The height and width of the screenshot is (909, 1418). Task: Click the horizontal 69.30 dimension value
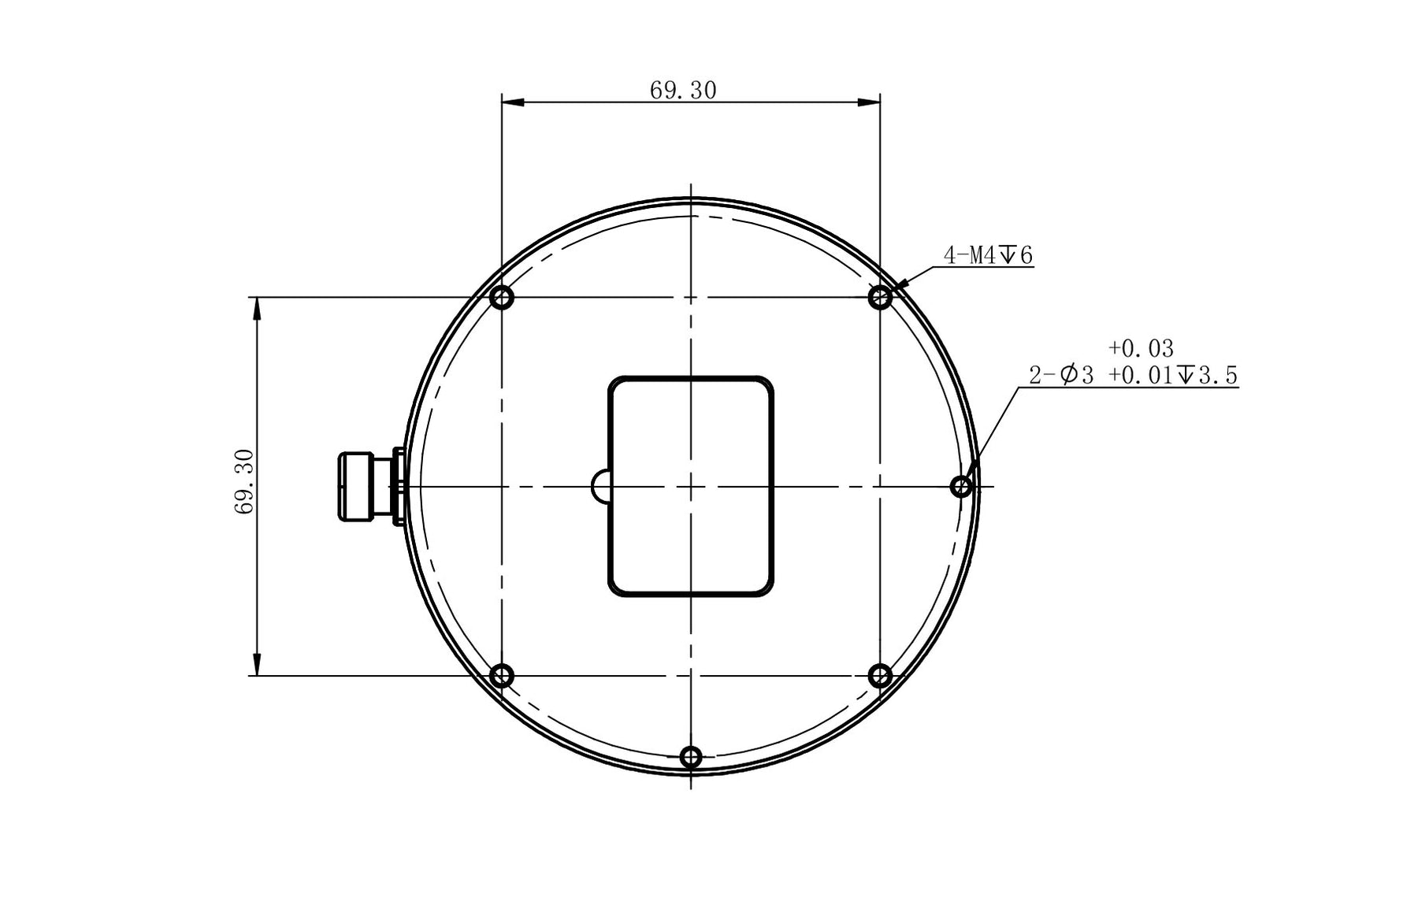683,91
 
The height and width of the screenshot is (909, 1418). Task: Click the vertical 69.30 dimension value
244,481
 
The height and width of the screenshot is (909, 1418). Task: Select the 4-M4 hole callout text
988,255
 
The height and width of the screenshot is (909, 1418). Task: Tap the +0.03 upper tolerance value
1141,348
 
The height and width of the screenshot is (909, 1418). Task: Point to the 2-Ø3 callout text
1061,375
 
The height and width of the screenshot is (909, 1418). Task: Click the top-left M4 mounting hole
502,298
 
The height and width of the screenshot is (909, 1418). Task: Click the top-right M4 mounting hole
880,298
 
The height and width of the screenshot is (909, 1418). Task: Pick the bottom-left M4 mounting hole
502,676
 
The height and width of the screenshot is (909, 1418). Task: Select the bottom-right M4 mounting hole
880,676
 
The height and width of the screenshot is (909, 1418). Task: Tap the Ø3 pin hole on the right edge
961,487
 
